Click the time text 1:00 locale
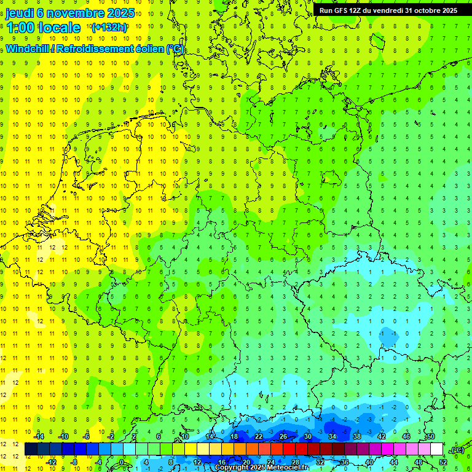pos(43,28)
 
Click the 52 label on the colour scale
pos(443,462)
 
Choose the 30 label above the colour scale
pos(307,436)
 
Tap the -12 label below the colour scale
pos(52,462)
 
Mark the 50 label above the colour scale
pos(430,436)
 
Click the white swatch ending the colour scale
pos(436,449)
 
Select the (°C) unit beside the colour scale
pos(456,450)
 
